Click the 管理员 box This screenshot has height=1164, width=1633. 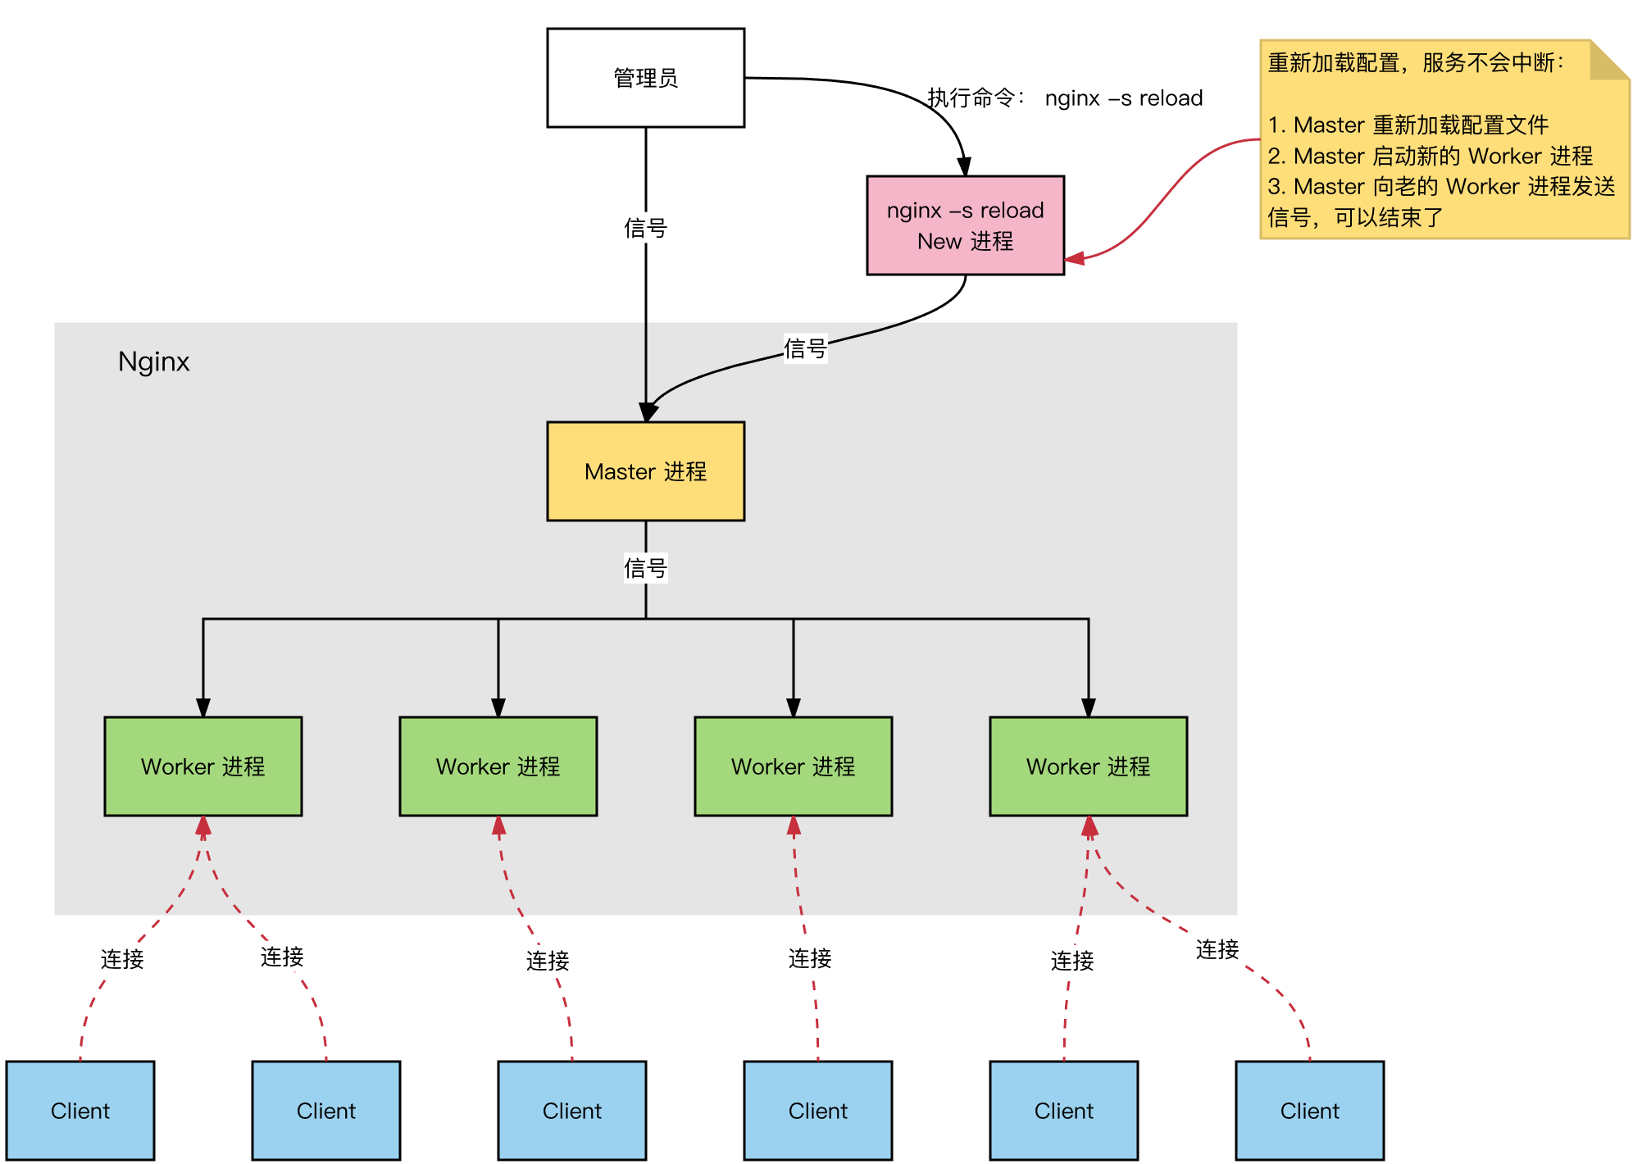tap(645, 78)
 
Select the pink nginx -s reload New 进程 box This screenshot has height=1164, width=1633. tap(965, 225)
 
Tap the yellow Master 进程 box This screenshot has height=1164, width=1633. tap(645, 471)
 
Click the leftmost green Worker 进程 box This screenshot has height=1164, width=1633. tap(202, 766)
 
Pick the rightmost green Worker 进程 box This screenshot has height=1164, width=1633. tap(1088, 766)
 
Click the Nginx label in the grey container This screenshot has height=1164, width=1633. tap(153, 361)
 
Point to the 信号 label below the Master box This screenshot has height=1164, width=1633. tap(645, 567)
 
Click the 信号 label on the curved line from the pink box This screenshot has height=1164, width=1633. tap(805, 348)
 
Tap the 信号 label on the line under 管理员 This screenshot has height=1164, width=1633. tap(645, 228)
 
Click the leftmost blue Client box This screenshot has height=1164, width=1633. tap(80, 1111)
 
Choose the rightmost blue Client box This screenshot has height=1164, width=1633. tap(1309, 1111)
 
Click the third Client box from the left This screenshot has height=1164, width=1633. tap(571, 1111)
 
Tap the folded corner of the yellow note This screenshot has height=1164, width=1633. tap(1609, 61)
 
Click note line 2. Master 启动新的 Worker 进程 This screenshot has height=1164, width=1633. tap(1430, 156)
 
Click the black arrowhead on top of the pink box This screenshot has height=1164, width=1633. tap(964, 166)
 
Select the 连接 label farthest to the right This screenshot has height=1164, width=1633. tap(1217, 949)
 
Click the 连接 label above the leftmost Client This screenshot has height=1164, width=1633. tap(122, 959)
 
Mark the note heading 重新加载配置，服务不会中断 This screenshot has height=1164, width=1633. tap(1415, 62)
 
